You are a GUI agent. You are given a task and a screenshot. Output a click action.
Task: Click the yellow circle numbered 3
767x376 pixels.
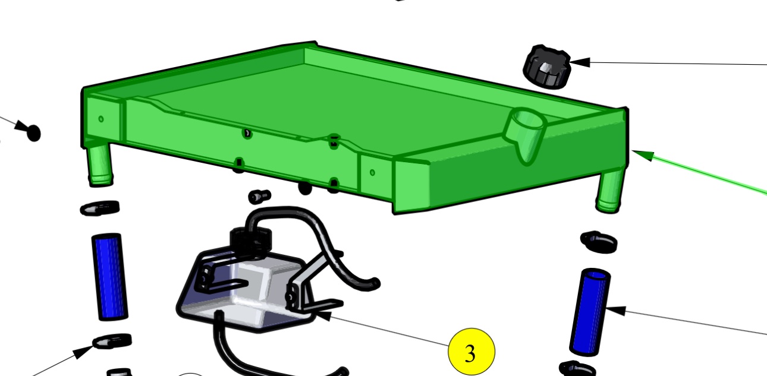pos(471,352)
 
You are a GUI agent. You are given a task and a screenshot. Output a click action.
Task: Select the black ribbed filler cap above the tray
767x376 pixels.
pos(547,67)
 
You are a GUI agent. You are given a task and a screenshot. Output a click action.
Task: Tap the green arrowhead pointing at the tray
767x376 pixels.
pos(643,155)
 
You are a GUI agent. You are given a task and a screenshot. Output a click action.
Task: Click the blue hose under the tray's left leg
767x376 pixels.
pos(109,277)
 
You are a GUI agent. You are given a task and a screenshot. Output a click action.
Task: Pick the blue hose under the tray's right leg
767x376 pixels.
pos(590,312)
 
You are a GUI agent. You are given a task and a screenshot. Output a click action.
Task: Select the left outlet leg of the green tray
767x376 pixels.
pos(100,165)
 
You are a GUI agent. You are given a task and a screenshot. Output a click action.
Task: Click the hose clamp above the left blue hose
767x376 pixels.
pos(100,208)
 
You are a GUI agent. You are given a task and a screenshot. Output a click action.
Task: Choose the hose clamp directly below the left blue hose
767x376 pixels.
pos(112,341)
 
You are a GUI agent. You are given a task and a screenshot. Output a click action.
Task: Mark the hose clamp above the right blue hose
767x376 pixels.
pos(599,242)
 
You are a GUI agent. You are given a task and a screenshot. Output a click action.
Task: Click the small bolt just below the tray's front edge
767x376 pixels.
pos(260,196)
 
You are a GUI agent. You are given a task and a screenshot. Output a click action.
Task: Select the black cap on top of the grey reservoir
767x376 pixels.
pos(251,239)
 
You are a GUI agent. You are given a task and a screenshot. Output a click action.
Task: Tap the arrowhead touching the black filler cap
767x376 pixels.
pos(580,62)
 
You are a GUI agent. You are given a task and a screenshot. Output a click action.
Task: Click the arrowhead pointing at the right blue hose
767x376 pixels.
pos(615,311)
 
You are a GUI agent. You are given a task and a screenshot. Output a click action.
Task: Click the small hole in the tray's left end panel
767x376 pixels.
pos(100,119)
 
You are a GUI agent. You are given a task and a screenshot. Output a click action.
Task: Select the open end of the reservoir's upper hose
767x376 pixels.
pos(376,283)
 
